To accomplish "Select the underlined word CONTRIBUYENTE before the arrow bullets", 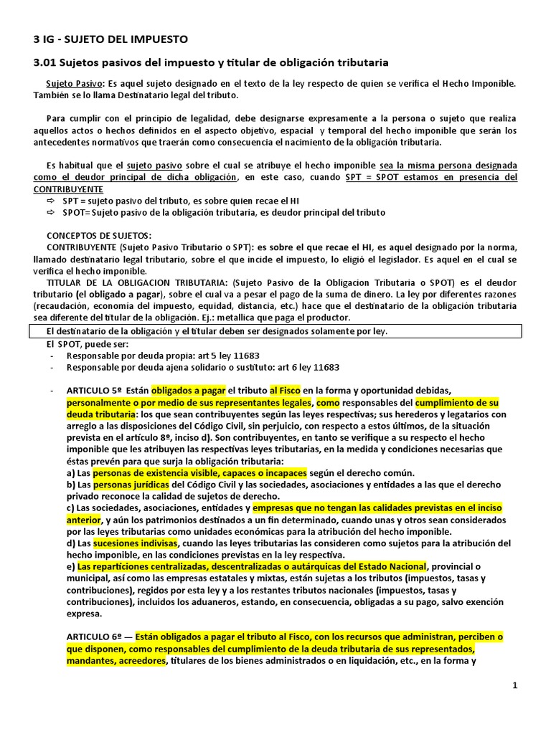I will pyautogui.click(x=68, y=189).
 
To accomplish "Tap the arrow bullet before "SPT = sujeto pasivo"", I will pyautogui.click(x=51, y=201).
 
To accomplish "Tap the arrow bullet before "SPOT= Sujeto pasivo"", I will pyautogui.click(x=51, y=212).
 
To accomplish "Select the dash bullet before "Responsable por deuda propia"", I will pyautogui.click(x=52, y=356).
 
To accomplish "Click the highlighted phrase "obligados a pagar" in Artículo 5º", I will pyautogui.click(x=187, y=391).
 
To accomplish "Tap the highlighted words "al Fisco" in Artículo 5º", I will pyautogui.click(x=284, y=391).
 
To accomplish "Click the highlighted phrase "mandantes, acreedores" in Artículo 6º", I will pyautogui.click(x=116, y=660).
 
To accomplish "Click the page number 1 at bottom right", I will pyautogui.click(x=514, y=686).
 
